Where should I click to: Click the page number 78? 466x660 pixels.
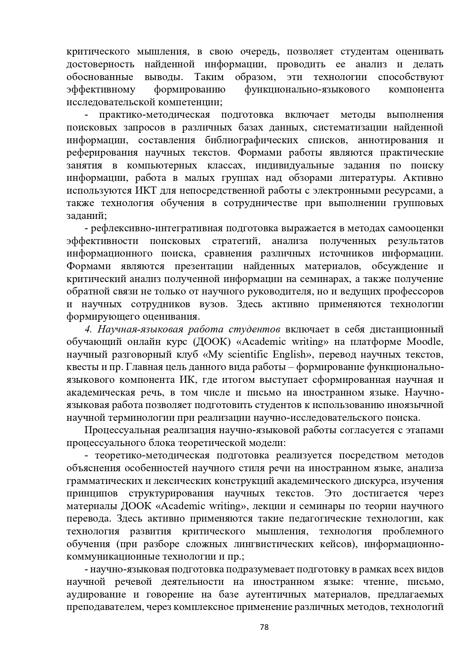pyautogui.click(x=264, y=627)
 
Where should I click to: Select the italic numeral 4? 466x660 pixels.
pyautogui.click(x=88, y=329)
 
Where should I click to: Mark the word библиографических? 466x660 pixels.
pyautogui.click(x=252, y=140)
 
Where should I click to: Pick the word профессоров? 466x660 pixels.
pyautogui.click(x=417, y=291)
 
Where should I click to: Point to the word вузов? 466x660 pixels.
pyautogui.click(x=212, y=304)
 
